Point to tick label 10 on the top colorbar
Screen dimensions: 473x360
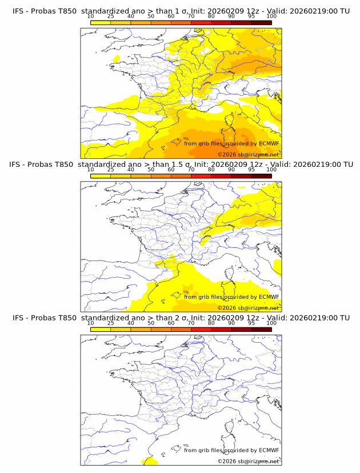coord(90,16)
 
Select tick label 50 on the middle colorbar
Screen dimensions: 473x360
coord(151,170)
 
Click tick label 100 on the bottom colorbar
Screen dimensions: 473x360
coord(271,323)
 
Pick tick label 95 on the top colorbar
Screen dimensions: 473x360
coord(251,16)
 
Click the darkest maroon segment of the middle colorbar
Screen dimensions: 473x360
coord(261,175)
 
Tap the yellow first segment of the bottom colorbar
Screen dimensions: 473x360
coord(100,329)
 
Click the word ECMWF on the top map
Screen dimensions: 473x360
coord(269,144)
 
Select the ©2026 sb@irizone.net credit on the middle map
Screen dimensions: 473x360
coord(248,308)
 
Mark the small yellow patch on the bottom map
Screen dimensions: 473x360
coord(150,461)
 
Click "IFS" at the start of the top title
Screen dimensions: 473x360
coord(19,11)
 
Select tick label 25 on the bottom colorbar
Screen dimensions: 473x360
coord(110,323)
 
